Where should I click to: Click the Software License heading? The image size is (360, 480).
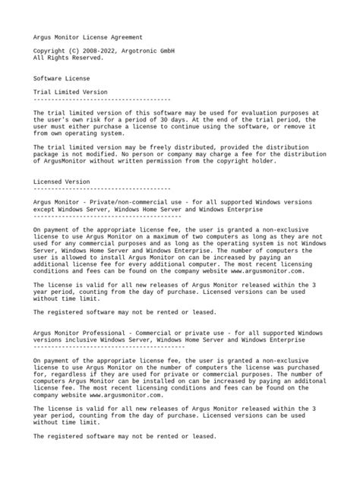coord(62,77)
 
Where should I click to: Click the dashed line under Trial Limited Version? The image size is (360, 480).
coord(102,99)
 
